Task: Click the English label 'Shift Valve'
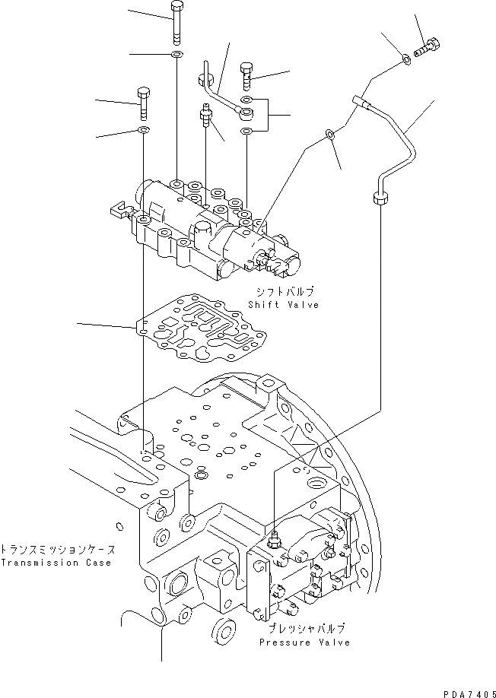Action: coord(283,304)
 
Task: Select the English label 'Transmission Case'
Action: coord(56,563)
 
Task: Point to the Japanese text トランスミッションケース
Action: coord(58,549)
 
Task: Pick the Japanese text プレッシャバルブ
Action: coord(307,629)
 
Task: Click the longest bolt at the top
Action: coord(176,23)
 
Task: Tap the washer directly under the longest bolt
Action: coord(176,55)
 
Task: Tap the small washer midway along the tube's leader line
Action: coord(329,134)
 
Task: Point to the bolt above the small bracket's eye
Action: coord(247,74)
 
